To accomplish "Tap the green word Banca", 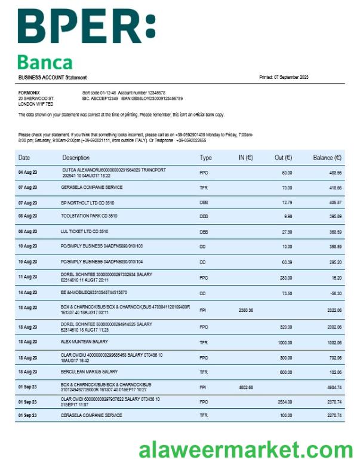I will pos(45,62).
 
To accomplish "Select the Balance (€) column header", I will pos(327,158).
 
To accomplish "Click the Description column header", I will pos(76,158).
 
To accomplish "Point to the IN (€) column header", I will pos(242,158).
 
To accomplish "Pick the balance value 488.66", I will pos(334,173).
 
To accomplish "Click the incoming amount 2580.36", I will pos(246,310).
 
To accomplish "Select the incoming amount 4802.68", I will pos(246,387).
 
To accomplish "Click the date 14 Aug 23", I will pos(27,293).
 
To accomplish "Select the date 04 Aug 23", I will pos(27,173).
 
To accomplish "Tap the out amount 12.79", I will pos(287,203).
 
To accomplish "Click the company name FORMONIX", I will pos(29,93).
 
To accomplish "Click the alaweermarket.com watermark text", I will pos(246,449).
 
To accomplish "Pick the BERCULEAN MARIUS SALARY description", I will pos(89,372).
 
